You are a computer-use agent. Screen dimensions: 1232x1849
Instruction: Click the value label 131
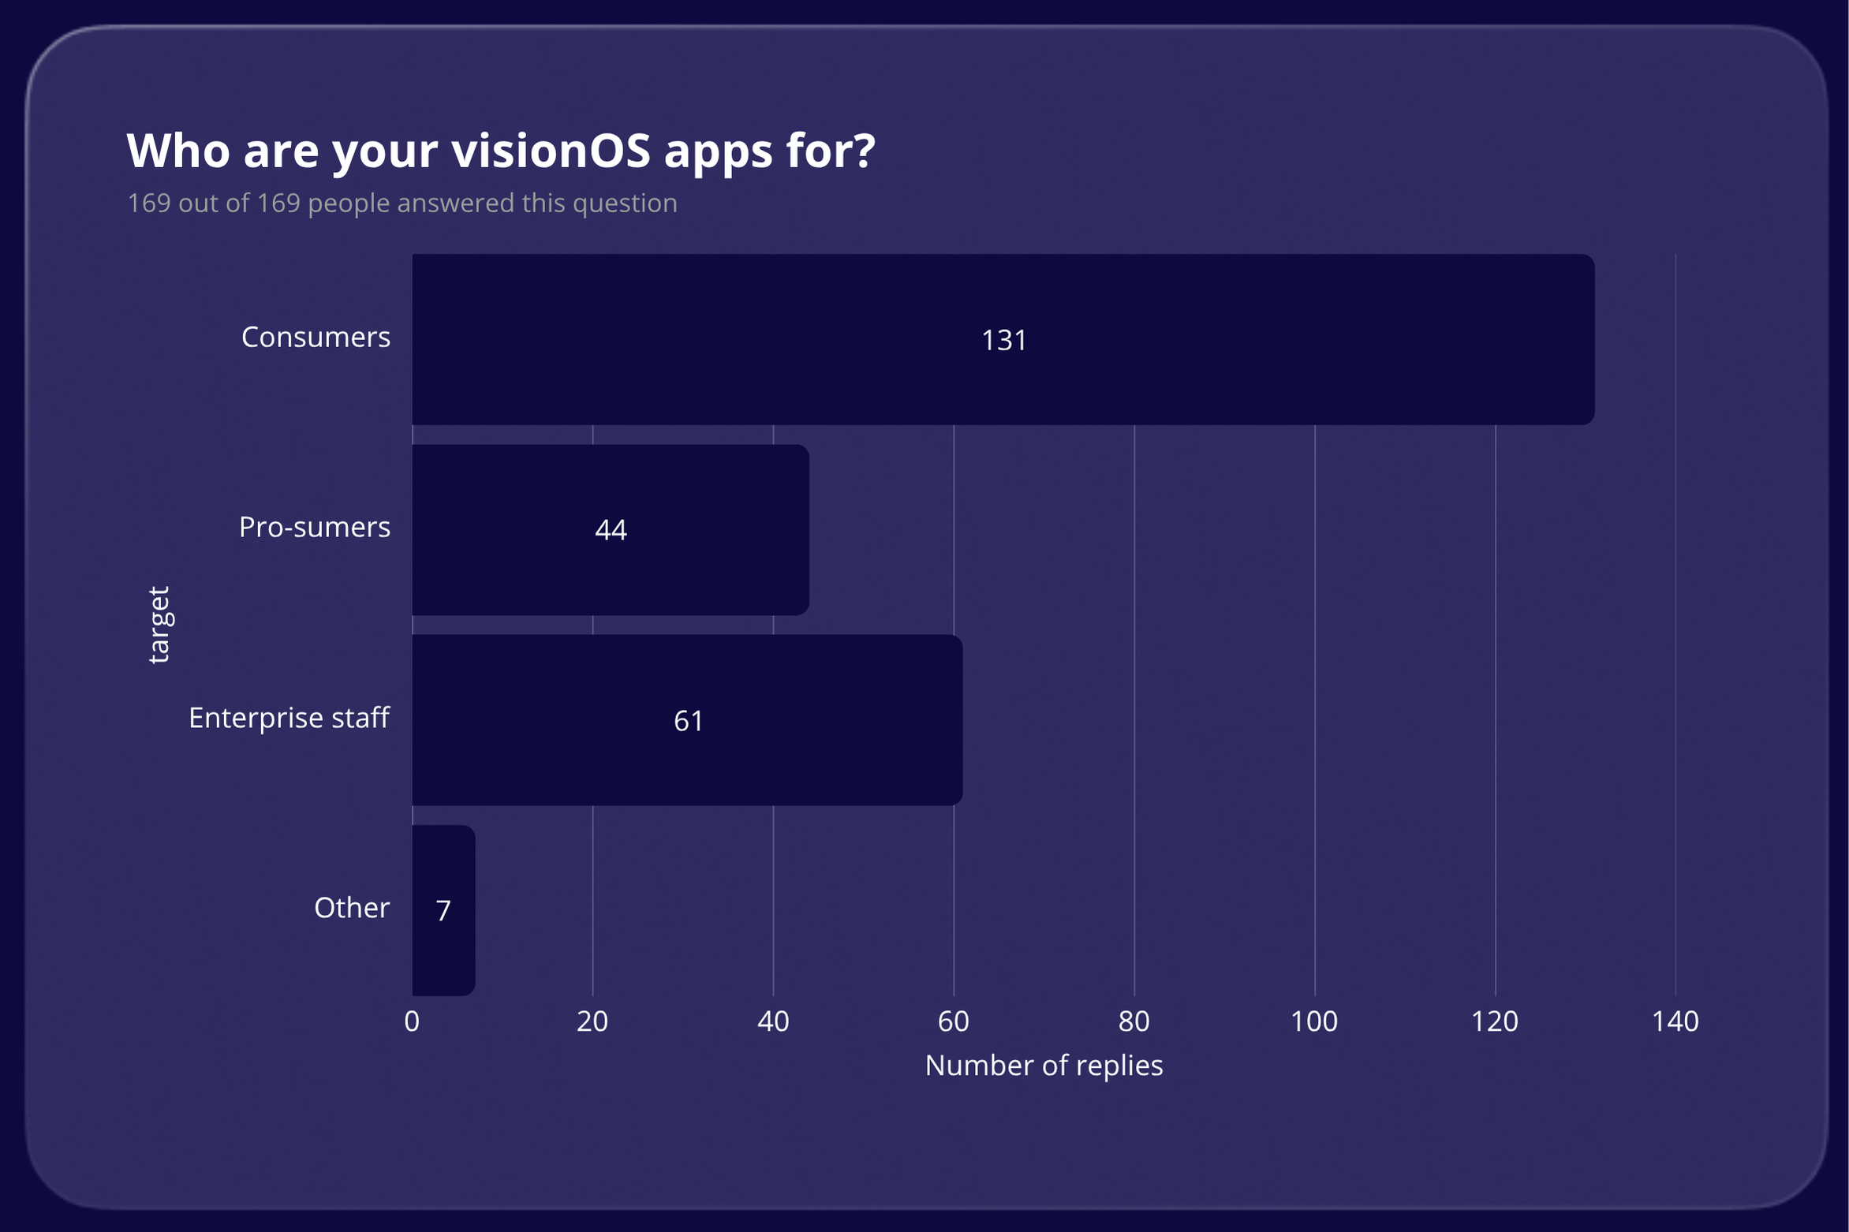1003,340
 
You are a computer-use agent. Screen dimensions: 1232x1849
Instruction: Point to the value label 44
611,529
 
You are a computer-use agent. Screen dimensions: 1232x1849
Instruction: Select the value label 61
688,720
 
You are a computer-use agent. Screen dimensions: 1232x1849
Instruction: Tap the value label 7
443,910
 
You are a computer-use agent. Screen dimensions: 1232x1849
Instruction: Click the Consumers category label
316,337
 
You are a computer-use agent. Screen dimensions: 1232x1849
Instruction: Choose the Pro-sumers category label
314,527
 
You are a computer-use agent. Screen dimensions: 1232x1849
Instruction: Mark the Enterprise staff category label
289,718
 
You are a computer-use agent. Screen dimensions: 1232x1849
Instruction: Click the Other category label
351,908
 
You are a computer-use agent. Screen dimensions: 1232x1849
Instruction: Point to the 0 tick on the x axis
412,1021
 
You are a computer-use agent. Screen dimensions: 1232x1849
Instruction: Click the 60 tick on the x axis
953,1021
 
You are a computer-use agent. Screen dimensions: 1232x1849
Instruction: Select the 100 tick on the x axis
1314,1021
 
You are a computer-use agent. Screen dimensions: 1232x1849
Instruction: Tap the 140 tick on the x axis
1675,1021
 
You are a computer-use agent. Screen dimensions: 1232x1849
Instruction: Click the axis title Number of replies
1044,1066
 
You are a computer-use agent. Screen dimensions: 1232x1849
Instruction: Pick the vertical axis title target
159,625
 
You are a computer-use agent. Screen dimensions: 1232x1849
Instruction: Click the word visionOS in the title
551,150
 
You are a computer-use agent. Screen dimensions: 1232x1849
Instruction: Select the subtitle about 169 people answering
402,203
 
